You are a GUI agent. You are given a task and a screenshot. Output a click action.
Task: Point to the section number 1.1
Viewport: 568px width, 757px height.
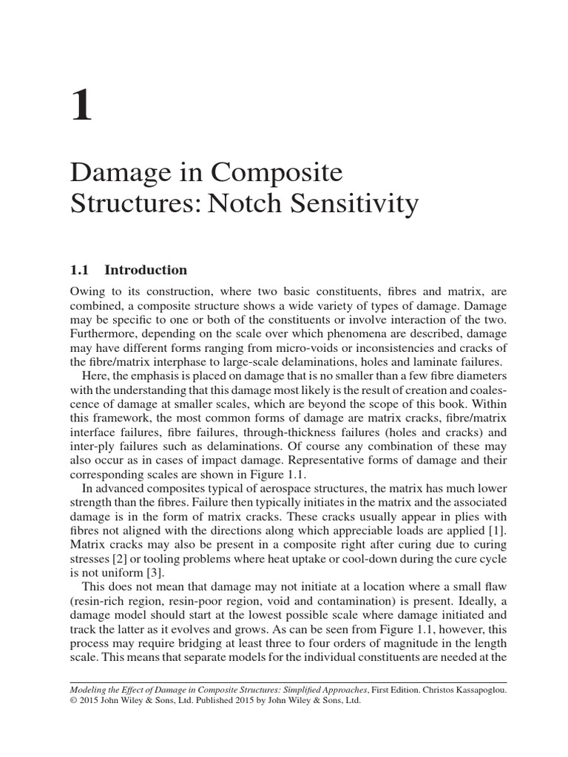(82, 270)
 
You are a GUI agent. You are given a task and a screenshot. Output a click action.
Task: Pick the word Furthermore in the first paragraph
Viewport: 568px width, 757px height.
(106, 333)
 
